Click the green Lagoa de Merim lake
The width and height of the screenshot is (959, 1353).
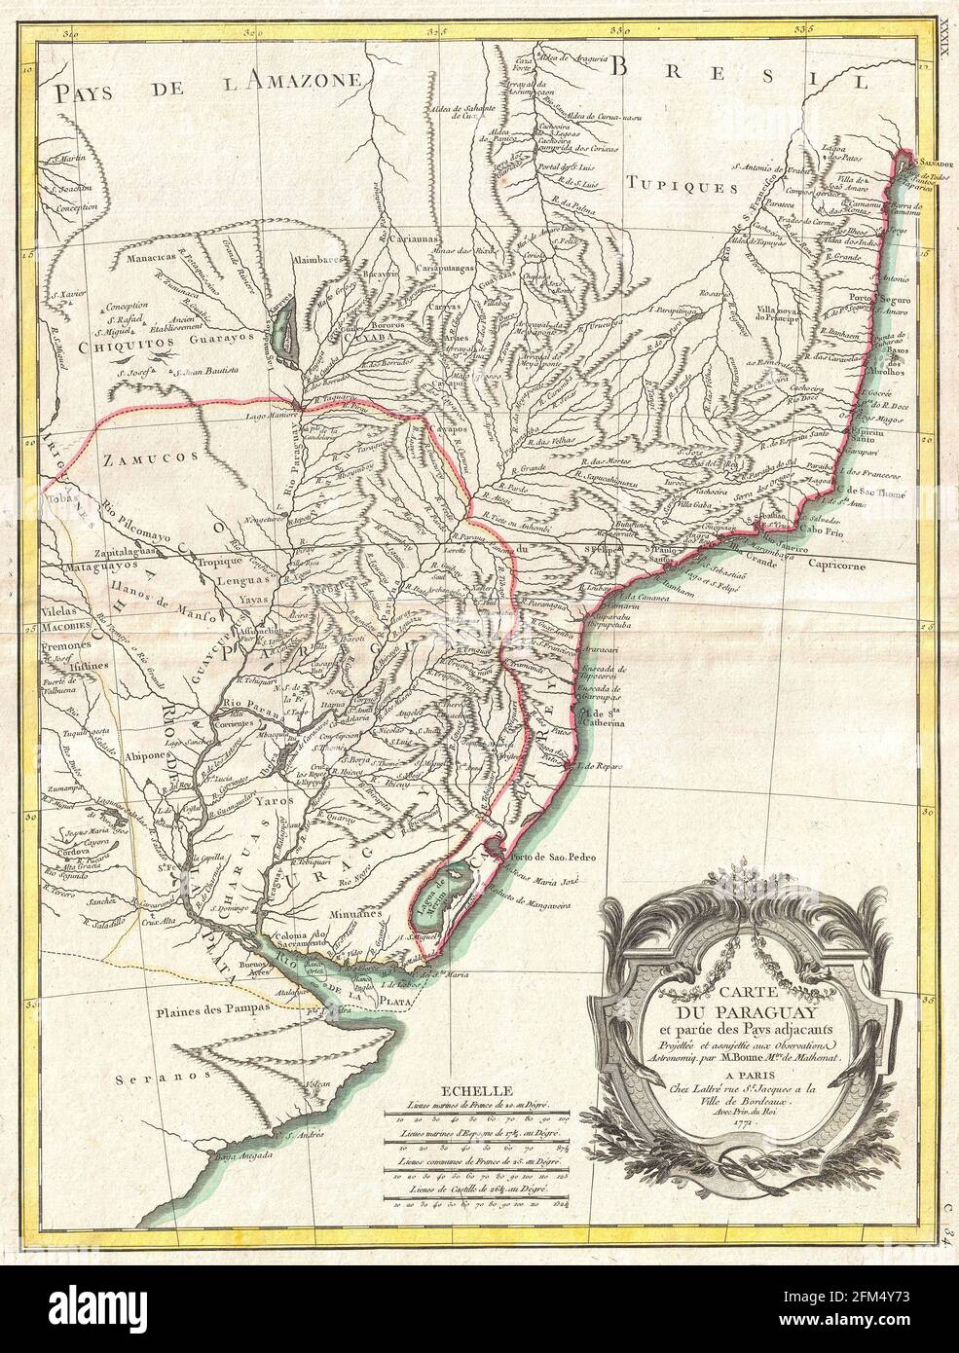coord(444,883)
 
